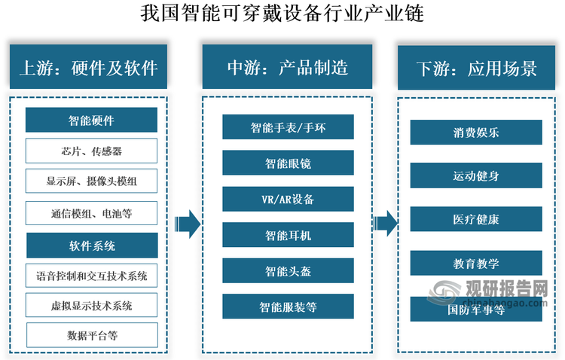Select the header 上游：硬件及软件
[88, 69]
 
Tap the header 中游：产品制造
[287, 69]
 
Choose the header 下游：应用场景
[476, 69]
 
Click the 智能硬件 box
[91, 120]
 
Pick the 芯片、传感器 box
[91, 151]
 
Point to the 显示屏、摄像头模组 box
[91, 182]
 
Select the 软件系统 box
[91, 246]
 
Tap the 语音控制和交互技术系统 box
[91, 276]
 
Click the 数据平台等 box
[91, 334]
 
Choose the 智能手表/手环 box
[288, 127]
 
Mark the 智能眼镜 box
[288, 163]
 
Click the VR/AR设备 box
[288, 199]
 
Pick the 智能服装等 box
[288, 307]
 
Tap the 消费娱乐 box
[475, 133]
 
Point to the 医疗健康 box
[475, 219]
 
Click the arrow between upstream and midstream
[186, 223]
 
